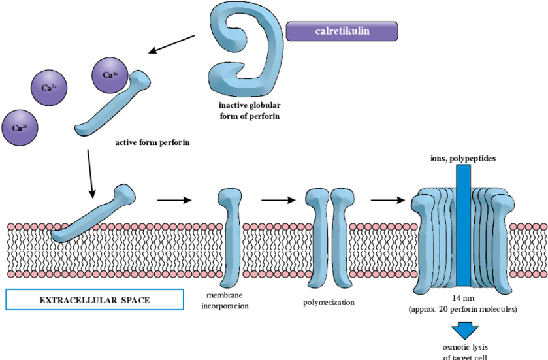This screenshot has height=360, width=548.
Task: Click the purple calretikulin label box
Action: pyautogui.click(x=342, y=31)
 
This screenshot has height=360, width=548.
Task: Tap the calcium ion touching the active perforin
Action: pyautogui.click(x=110, y=74)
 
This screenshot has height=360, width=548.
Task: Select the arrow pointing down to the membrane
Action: pyautogui.click(x=91, y=173)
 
